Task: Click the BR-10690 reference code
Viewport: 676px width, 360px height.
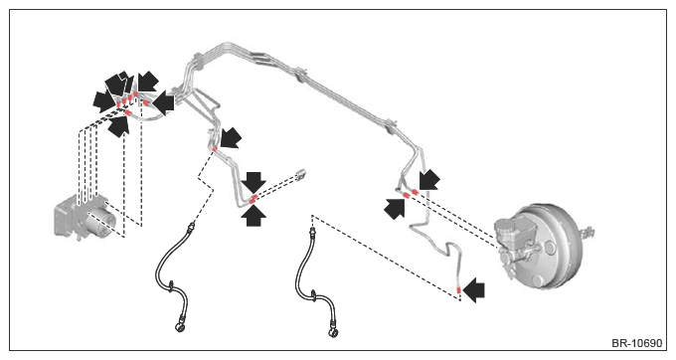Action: point(636,343)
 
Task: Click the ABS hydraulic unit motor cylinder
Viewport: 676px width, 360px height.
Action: point(101,222)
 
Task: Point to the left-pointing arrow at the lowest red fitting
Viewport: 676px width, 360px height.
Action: point(473,289)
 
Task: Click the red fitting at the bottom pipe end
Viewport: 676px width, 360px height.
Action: point(458,290)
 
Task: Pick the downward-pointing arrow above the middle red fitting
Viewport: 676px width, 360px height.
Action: point(253,182)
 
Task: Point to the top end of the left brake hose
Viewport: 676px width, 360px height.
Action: point(192,225)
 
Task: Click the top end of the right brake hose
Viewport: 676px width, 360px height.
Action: point(312,233)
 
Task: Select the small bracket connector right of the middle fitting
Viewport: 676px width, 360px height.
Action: point(301,174)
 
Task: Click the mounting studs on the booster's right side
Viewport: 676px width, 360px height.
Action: point(588,234)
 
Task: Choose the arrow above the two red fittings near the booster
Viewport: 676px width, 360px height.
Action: point(429,180)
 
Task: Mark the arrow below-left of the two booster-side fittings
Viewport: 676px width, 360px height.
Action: point(395,209)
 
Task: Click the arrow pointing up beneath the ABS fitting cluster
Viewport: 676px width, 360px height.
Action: point(119,126)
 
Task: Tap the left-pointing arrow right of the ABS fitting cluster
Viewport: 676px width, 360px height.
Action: point(164,102)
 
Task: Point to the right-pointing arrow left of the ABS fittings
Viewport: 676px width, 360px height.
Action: point(104,101)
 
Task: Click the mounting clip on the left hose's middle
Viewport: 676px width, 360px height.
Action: point(171,285)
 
